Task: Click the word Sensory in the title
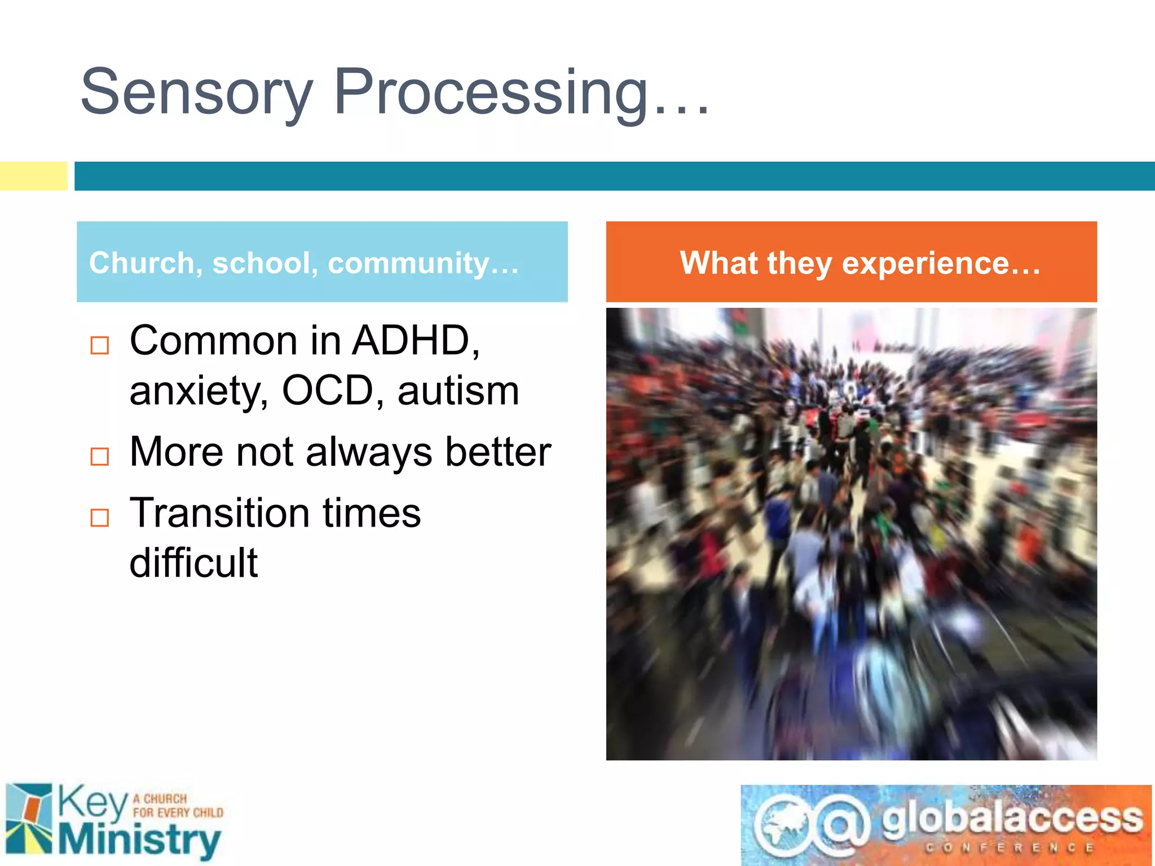click(196, 93)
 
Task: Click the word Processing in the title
click(491, 93)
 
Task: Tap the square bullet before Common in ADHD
click(100, 345)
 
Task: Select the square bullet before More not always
click(100, 456)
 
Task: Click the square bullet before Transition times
click(100, 517)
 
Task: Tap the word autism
click(458, 391)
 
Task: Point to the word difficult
click(193, 563)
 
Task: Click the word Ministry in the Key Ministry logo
click(139, 840)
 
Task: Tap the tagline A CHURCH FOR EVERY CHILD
click(178, 806)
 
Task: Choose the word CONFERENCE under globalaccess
click(1009, 848)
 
